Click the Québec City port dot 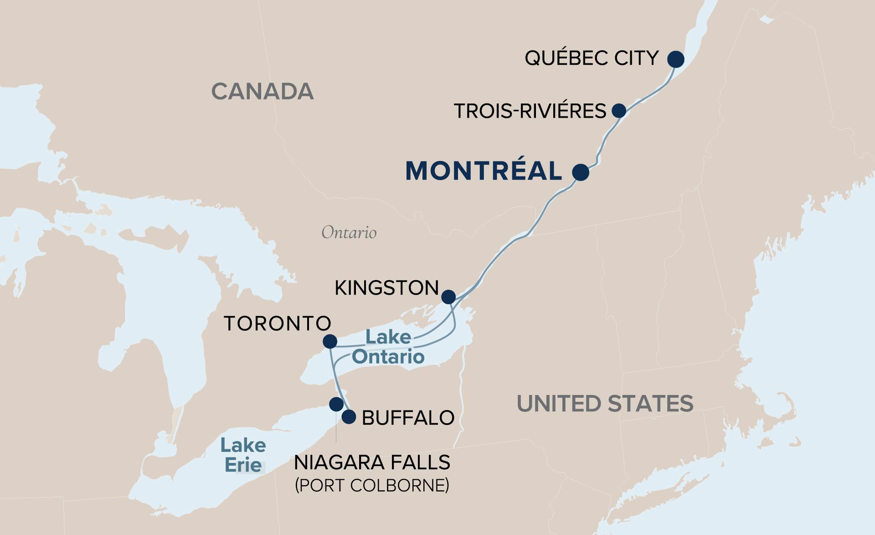675,59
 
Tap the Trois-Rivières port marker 618,110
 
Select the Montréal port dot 580,172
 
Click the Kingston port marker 448,297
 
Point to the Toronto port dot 329,341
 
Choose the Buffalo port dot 349,416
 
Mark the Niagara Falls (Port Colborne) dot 336,404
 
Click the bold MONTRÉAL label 484,171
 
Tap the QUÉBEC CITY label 592,58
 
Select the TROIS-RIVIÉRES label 530,111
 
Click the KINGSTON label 386,288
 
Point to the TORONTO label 277,323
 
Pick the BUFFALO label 408,418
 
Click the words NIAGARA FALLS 372,462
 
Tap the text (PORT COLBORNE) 372,485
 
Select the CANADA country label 262,92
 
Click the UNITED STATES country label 605,404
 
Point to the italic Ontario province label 349,233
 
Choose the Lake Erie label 243,455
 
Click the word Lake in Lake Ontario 388,338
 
